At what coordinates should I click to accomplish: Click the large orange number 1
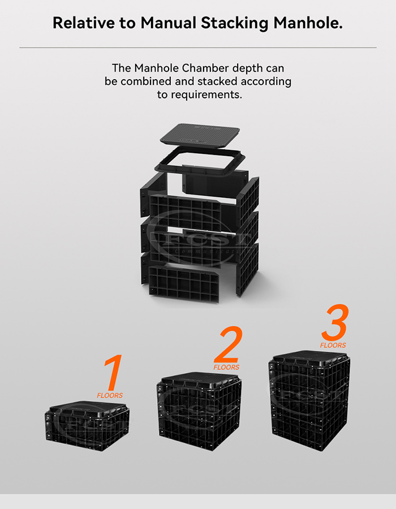[x=113, y=373]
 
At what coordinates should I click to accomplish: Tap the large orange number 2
[x=229, y=345]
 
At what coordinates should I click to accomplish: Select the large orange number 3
[x=334, y=323]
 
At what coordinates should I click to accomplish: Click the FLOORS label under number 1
[x=110, y=395]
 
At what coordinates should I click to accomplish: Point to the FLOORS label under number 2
[x=226, y=367]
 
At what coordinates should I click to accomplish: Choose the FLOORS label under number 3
[x=333, y=345]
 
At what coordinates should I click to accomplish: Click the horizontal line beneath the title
[x=198, y=48]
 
